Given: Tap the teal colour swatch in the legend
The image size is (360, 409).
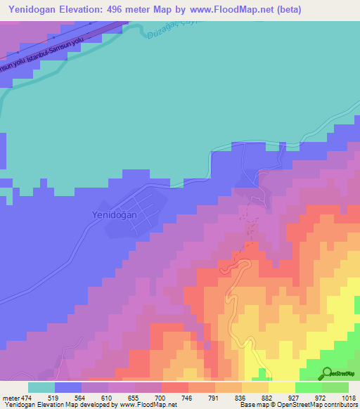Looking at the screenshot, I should pos(41,388).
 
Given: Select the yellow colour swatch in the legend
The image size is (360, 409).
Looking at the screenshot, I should pos(281,388).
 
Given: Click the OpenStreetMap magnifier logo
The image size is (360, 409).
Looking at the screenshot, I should pos(326,373).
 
